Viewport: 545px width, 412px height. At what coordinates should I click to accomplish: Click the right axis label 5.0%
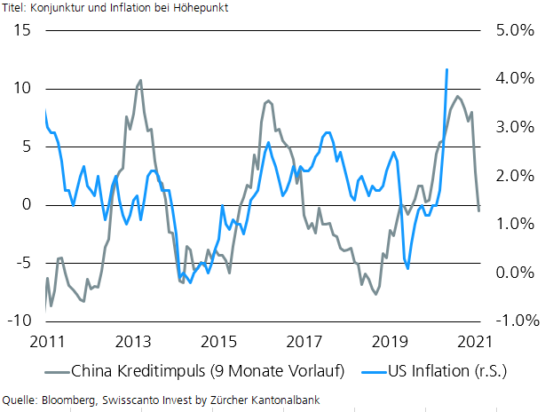[x=509, y=30]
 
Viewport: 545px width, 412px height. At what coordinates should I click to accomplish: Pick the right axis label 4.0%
[x=509, y=78]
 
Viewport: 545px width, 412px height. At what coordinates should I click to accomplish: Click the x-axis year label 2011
[x=46, y=341]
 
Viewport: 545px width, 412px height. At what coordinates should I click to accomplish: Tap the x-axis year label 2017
[x=305, y=341]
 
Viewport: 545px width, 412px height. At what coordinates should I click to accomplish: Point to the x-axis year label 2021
[x=479, y=341]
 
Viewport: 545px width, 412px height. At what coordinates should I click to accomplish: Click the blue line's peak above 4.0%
[x=446, y=69]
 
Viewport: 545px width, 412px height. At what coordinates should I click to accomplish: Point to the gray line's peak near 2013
[x=140, y=81]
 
